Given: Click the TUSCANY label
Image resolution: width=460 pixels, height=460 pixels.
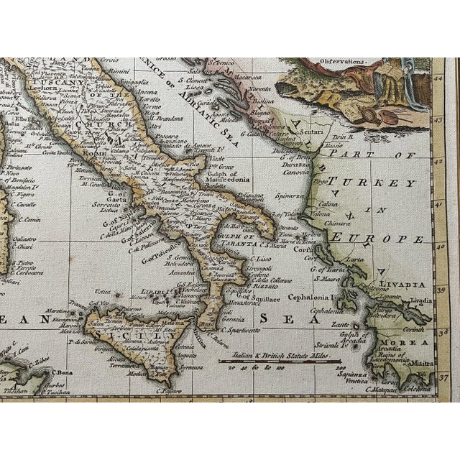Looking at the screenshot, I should (x=47, y=82).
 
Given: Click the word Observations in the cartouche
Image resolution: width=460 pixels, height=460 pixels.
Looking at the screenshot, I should (x=345, y=62).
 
